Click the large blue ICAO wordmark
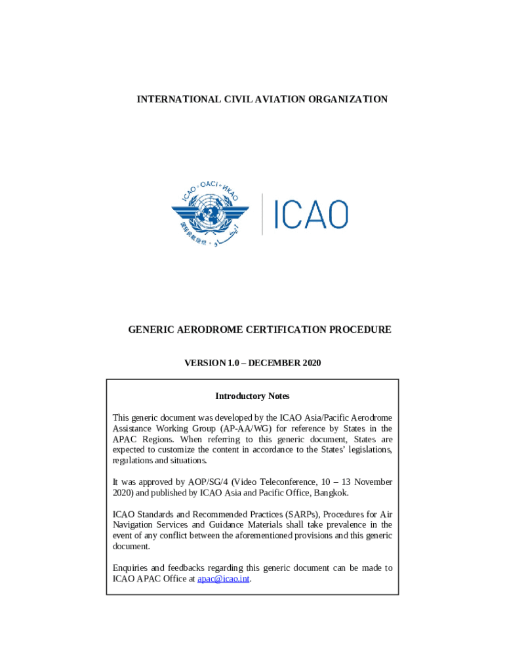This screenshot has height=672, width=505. click(311, 214)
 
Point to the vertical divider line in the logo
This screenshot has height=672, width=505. click(262, 214)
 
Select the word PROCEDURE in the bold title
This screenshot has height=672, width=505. click(359, 329)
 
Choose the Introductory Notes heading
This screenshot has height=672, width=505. click(253, 396)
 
